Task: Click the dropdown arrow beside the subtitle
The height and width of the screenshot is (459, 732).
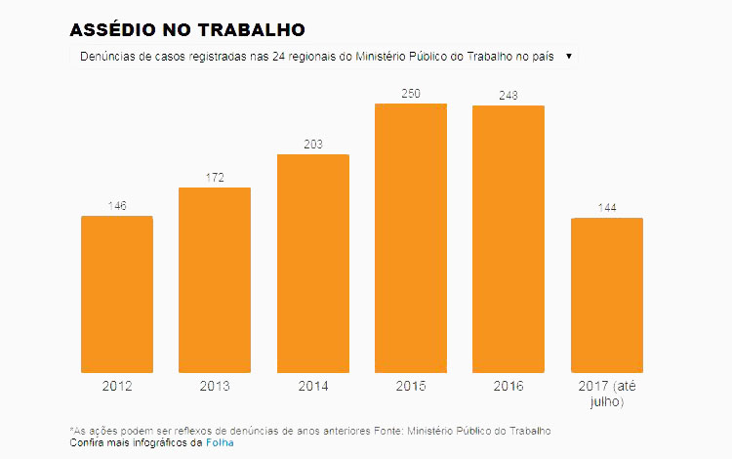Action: point(569,57)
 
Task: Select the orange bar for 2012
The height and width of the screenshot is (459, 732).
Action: point(117,294)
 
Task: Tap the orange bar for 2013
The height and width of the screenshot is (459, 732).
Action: point(215,279)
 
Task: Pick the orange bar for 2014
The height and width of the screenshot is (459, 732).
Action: point(313,264)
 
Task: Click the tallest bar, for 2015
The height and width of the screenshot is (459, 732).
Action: point(411,238)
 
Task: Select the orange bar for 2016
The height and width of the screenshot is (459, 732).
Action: point(508,239)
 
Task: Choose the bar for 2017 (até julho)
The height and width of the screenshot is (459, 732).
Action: point(606,295)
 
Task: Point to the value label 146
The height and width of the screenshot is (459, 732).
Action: point(117,206)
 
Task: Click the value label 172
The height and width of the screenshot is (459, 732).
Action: point(215,178)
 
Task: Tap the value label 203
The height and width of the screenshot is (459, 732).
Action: point(313,145)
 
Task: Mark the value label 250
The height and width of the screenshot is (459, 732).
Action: point(411,94)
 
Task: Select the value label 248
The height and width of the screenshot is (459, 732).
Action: point(508,96)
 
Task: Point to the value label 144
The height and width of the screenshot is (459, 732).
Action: point(606,208)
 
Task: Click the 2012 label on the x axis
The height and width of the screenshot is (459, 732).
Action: point(117,386)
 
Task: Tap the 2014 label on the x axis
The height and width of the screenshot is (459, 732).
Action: point(313,386)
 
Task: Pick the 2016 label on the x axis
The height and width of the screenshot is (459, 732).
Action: point(508,386)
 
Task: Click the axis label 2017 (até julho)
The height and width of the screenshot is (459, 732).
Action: point(606,394)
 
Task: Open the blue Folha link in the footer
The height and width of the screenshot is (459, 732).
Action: point(220,442)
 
